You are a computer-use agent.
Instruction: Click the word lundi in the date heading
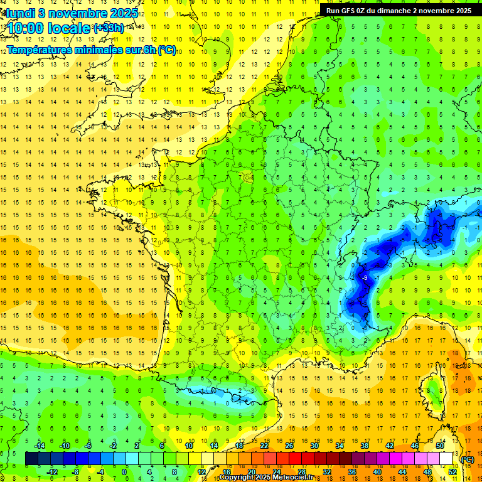tap(20, 13)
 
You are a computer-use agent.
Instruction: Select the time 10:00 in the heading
tap(29, 28)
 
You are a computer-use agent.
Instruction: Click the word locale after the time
tap(72, 28)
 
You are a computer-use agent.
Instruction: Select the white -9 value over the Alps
tap(365, 277)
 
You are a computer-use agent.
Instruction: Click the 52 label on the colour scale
tap(453, 471)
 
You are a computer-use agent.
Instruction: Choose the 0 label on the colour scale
tap(124, 471)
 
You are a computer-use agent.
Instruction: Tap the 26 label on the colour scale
tap(289, 445)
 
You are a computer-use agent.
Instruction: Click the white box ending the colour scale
tap(446, 458)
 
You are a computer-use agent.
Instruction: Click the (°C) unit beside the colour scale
tap(467, 459)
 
